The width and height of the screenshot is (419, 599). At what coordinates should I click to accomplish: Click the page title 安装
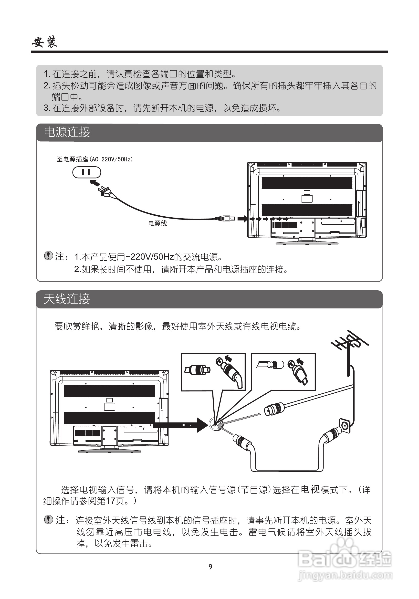tap(44, 42)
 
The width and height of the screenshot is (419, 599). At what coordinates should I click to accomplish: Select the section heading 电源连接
tap(67, 132)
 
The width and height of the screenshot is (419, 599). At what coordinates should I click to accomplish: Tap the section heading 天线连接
tap(67, 299)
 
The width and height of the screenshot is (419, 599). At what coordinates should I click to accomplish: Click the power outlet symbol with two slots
tap(87, 172)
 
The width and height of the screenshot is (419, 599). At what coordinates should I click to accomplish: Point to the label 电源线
tap(157, 223)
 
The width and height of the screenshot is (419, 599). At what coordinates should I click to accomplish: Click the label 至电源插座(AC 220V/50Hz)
tap(95, 159)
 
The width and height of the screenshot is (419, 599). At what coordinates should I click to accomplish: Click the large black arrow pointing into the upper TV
tap(242, 218)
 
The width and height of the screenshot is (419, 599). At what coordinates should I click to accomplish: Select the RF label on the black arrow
tap(184, 425)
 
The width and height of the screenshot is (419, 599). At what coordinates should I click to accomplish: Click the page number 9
tap(210, 567)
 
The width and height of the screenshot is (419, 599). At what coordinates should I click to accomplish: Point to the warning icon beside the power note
tap(48, 256)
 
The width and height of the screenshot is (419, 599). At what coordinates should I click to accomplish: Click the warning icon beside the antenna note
tap(49, 519)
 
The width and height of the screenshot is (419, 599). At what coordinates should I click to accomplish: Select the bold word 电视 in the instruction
tap(310, 489)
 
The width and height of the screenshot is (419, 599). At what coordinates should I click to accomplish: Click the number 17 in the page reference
tap(111, 501)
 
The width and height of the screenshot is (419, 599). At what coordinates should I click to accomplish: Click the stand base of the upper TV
tap(307, 243)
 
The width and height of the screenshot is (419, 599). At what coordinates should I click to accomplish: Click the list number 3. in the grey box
tap(47, 108)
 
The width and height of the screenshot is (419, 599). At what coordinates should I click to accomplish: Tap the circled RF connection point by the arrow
tap(216, 425)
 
